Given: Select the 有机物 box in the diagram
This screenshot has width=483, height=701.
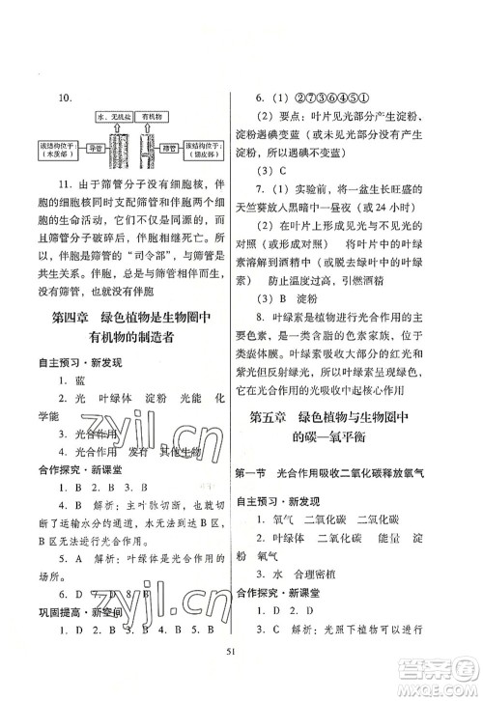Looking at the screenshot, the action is point(155,117).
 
